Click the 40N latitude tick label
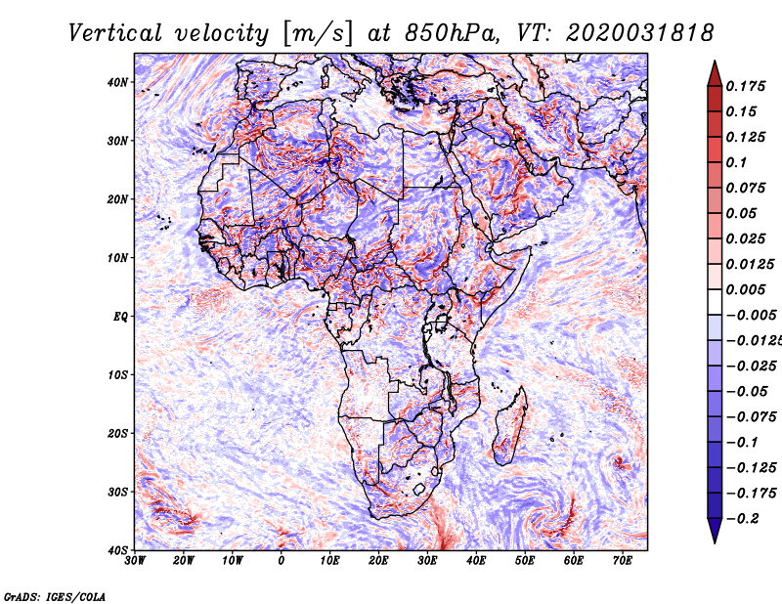coord(117,82)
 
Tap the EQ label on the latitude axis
coord(120,317)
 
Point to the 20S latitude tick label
coord(117,433)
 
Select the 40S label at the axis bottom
coord(117,550)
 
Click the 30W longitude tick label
coord(135,561)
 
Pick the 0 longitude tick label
coord(282,561)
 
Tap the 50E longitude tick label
coord(525,561)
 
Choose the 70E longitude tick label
coord(622,561)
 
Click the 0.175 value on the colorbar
coord(745,86)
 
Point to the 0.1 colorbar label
coord(737,162)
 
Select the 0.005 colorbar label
coord(745,289)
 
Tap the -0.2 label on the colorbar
coord(743,519)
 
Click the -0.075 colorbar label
coord(752,417)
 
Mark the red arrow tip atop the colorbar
coord(715,62)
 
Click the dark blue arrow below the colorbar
coord(715,530)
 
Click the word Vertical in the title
coord(115,33)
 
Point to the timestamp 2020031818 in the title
coord(640,33)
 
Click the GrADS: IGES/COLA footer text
coord(55,597)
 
